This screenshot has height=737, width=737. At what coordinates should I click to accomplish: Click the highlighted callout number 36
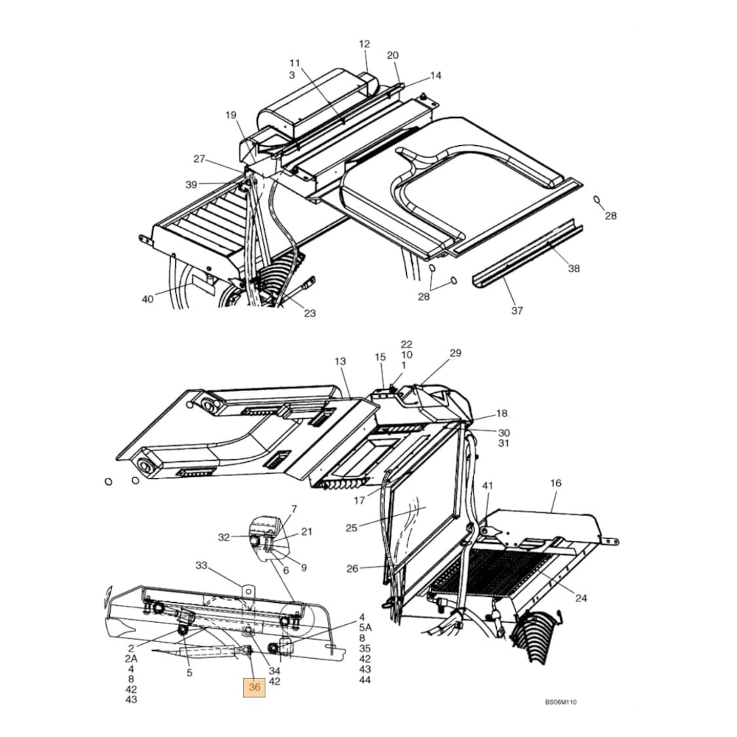[255, 687]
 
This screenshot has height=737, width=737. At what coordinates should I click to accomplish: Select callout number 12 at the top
[364, 44]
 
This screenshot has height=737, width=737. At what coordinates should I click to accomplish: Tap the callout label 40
[147, 298]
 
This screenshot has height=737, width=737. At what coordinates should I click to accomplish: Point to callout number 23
[310, 313]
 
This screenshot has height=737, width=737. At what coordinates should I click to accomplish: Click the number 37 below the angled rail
[517, 310]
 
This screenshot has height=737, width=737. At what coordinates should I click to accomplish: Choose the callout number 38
[573, 269]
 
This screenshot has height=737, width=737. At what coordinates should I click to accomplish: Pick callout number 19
[231, 115]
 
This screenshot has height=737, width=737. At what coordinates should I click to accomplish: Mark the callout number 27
[200, 159]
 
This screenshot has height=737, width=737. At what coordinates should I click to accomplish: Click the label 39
[191, 185]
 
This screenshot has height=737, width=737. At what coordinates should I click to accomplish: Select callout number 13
[340, 361]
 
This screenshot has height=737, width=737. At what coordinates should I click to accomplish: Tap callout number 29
[455, 353]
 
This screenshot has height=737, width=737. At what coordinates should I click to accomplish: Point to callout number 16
[555, 483]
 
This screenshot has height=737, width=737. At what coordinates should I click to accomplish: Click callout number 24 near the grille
[581, 598]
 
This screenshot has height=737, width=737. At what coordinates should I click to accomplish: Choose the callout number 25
[351, 528]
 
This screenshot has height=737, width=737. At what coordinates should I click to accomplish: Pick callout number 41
[487, 486]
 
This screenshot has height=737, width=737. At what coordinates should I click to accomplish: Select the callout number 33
[201, 565]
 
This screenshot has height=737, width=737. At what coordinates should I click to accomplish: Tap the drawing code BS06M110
[561, 702]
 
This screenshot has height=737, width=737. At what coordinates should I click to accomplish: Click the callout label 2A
[131, 658]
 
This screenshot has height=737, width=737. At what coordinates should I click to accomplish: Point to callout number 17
[359, 500]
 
